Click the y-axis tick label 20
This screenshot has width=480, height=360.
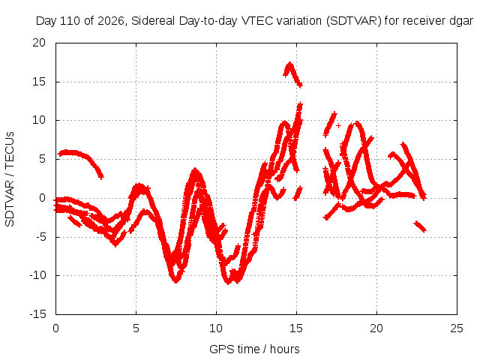point(39,43)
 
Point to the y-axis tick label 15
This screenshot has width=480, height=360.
point(39,82)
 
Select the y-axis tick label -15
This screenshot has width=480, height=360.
point(37,314)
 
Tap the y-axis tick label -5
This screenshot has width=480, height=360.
point(40,237)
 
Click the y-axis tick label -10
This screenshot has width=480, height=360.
point(37,275)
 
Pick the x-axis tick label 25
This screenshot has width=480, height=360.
point(457,328)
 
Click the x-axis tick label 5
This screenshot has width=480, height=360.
point(136,328)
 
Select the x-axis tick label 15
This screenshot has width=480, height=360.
point(296,328)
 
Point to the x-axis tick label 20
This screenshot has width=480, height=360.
point(376,328)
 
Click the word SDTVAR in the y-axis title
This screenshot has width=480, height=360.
point(10,203)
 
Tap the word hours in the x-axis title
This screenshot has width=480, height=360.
point(285,349)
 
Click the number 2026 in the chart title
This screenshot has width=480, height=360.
point(111,21)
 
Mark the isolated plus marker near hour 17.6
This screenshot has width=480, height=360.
point(338,125)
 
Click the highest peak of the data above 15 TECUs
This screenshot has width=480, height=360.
point(289,63)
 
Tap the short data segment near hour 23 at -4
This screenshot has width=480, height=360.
point(420,226)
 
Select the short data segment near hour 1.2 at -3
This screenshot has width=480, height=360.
point(74,221)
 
